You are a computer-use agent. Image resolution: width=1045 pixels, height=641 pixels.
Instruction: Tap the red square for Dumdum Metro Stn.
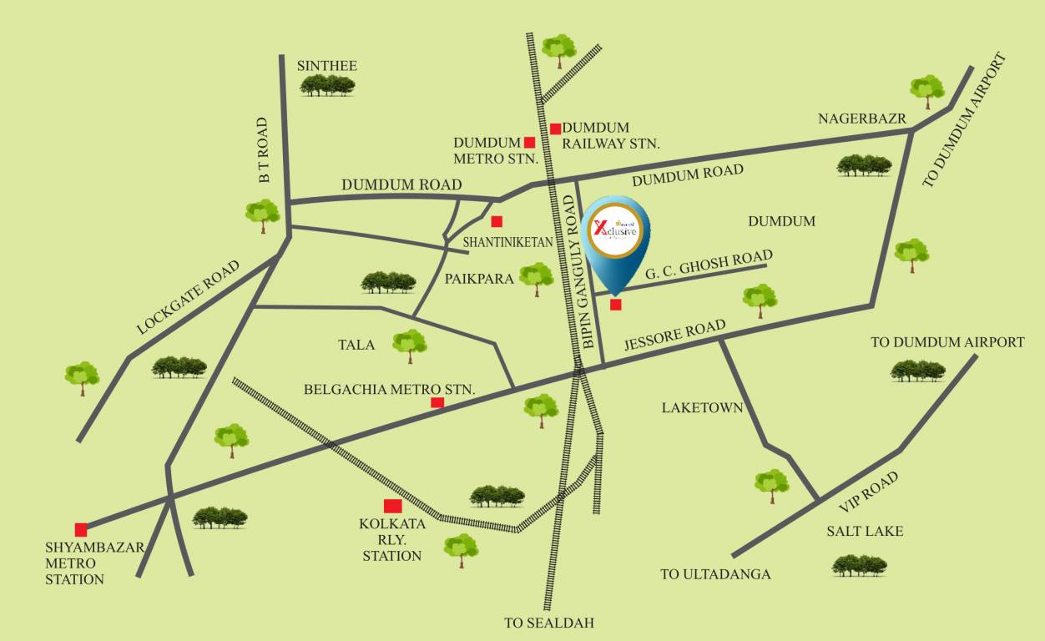pyautogui.click(x=529, y=142)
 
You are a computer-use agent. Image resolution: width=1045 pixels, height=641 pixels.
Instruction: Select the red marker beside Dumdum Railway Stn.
pyautogui.click(x=555, y=129)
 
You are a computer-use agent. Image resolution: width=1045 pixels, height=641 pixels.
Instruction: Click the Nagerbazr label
pyautogui.click(x=861, y=119)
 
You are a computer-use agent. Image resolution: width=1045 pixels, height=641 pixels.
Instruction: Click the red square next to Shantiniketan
pyautogui.click(x=497, y=222)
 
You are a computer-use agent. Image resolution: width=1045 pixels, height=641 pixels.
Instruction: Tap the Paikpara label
pyautogui.click(x=479, y=279)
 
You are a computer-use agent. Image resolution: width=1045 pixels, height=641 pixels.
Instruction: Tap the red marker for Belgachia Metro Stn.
pyautogui.click(x=437, y=403)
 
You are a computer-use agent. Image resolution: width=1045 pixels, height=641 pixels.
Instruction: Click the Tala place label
pyautogui.click(x=356, y=345)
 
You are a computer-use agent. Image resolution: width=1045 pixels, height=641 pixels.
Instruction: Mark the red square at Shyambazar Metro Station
pyautogui.click(x=81, y=529)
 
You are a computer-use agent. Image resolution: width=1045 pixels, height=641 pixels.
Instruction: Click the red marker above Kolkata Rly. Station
pyautogui.click(x=392, y=506)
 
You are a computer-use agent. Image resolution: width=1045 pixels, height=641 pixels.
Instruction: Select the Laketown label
pyautogui.click(x=702, y=408)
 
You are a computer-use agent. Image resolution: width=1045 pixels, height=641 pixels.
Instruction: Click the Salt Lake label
pyautogui.click(x=865, y=531)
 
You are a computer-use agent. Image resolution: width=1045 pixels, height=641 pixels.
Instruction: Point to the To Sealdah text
pyautogui.click(x=548, y=623)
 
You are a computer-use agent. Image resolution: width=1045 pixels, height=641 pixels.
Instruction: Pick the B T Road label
pyautogui.click(x=264, y=150)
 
